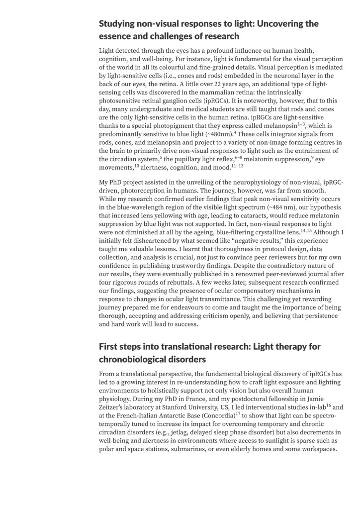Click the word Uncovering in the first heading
(x=273, y=23)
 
